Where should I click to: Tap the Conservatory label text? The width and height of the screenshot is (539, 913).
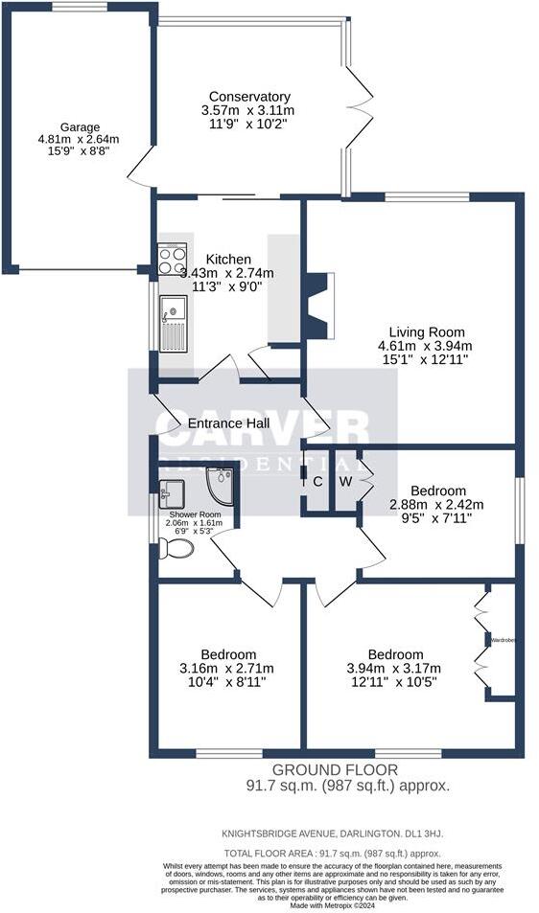249,97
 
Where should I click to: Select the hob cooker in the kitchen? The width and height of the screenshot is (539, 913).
173,261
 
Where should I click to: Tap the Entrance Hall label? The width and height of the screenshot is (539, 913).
227,423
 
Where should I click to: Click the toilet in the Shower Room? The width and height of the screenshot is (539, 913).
176,548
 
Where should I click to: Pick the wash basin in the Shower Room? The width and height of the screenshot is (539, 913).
174,493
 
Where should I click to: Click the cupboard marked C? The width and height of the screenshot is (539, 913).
316,481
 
